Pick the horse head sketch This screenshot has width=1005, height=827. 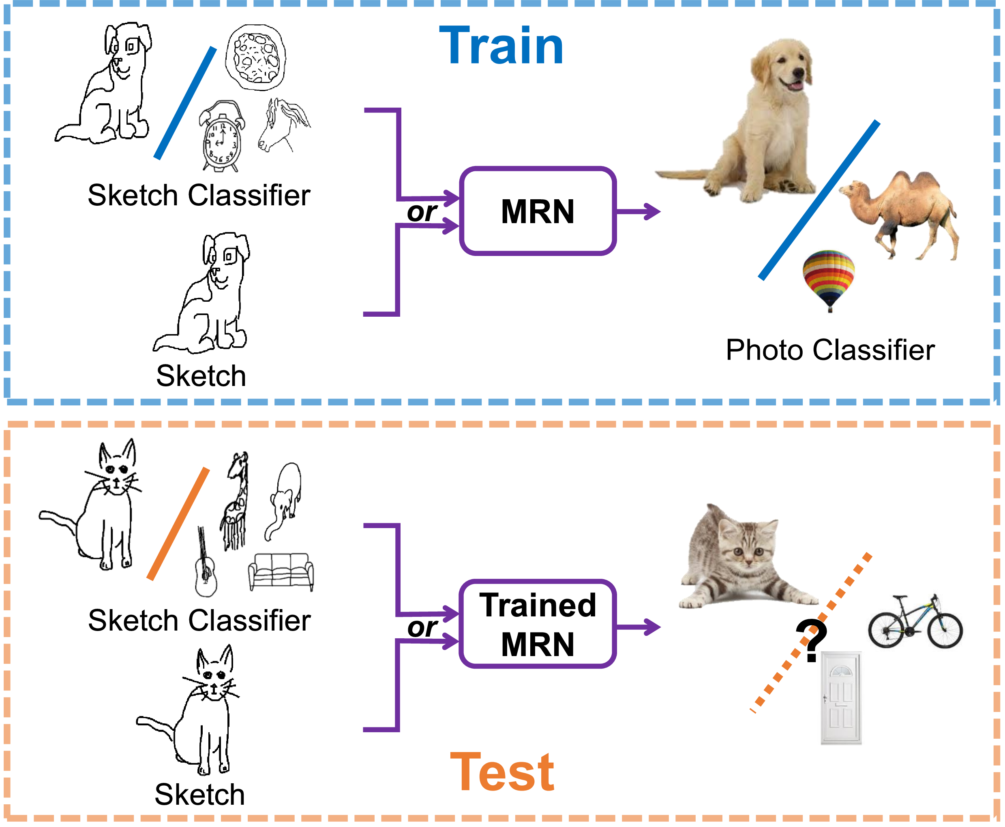[x=283, y=125]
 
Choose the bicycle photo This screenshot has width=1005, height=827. [x=915, y=622]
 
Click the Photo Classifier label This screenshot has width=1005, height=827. [x=830, y=350]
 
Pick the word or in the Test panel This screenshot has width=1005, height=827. [x=422, y=627]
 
